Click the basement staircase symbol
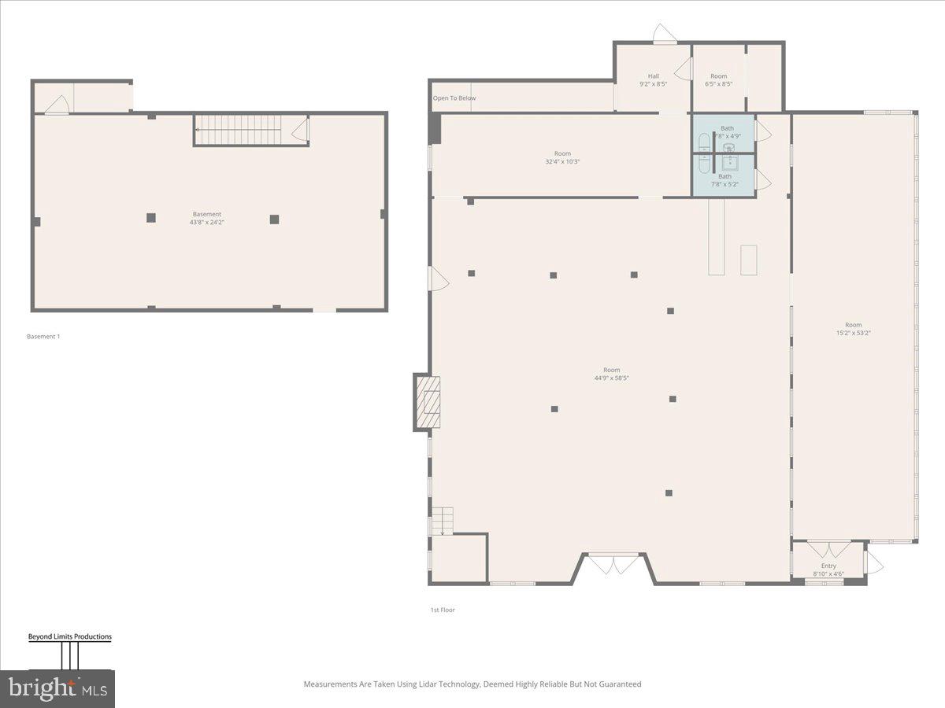(238, 130)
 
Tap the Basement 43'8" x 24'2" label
(207, 219)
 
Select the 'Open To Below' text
(454, 98)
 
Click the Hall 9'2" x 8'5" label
(654, 80)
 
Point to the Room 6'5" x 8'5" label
(718, 80)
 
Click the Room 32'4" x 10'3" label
(562, 158)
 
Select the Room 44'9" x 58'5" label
(611, 374)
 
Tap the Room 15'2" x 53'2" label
(853, 329)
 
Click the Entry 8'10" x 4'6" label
(828, 570)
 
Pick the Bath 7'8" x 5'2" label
(724, 180)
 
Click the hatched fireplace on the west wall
(428, 402)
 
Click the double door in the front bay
(615, 563)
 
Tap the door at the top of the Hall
(664, 33)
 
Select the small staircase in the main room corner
(442, 521)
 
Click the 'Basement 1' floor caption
(43, 337)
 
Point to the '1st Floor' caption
(443, 610)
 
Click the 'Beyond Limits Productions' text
(70, 636)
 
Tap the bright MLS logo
(57, 688)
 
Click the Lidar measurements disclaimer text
(472, 684)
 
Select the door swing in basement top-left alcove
(57, 105)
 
